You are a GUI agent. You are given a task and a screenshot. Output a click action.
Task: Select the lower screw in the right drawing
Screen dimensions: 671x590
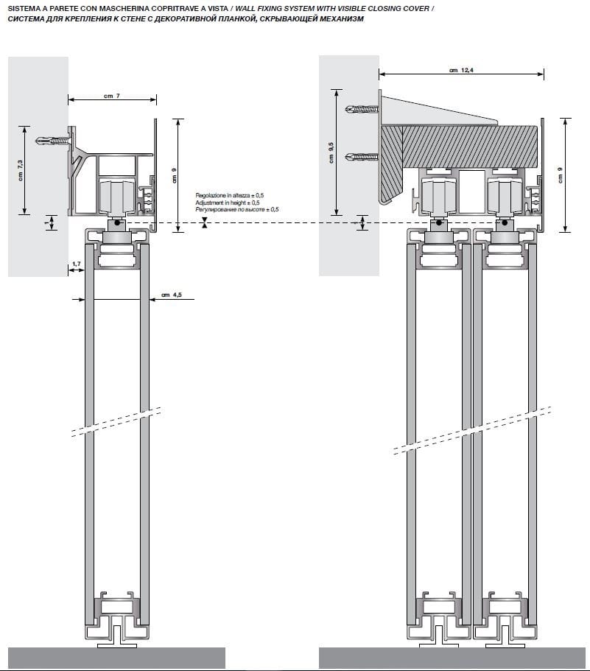(x=365, y=156)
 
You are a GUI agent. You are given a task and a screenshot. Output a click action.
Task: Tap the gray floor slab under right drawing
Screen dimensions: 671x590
(x=453, y=658)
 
